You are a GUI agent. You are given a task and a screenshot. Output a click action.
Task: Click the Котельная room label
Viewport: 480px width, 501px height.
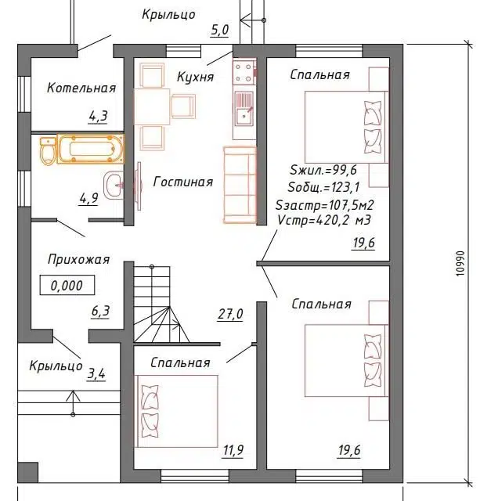tap(81, 88)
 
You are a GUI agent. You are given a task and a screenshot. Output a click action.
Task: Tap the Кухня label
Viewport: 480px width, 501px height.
tap(195, 77)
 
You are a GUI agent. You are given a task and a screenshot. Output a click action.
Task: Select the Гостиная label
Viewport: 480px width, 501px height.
tap(183, 182)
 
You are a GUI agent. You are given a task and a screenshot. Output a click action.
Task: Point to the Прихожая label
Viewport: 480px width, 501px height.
tap(78, 259)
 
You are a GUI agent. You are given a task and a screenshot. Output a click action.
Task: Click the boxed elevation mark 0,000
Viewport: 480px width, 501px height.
tap(67, 285)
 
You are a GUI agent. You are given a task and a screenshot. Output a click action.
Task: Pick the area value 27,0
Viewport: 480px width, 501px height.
tap(230, 314)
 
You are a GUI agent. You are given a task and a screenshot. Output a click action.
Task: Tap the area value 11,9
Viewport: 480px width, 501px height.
tap(233, 450)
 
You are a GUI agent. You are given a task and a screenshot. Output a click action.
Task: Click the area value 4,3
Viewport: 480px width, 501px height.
tap(98, 117)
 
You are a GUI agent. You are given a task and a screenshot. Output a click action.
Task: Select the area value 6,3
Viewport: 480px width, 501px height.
tap(100, 312)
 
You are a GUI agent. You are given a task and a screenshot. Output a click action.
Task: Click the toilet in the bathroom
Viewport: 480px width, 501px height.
tap(48, 151)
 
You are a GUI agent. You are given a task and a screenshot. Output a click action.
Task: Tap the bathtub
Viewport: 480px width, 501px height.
tap(91, 149)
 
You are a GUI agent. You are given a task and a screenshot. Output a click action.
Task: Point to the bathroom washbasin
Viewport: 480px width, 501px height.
tap(114, 186)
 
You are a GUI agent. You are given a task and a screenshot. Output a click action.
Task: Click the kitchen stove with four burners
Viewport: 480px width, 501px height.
tap(244, 72)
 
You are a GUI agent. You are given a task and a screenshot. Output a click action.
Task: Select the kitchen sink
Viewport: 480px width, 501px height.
tap(244, 108)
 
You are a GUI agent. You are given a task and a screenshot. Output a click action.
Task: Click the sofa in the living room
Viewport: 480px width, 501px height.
tap(240, 185)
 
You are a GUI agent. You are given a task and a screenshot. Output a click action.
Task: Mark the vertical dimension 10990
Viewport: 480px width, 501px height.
tap(460, 263)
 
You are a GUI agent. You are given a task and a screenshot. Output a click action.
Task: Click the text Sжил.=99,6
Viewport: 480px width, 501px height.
tap(323, 170)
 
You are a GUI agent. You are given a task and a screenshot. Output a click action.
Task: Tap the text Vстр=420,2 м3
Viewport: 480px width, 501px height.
tap(324, 220)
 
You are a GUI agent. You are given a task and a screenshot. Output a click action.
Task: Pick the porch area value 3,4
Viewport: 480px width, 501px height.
tap(96, 374)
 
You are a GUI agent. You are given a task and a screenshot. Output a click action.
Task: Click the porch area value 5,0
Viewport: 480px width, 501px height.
tap(219, 30)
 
